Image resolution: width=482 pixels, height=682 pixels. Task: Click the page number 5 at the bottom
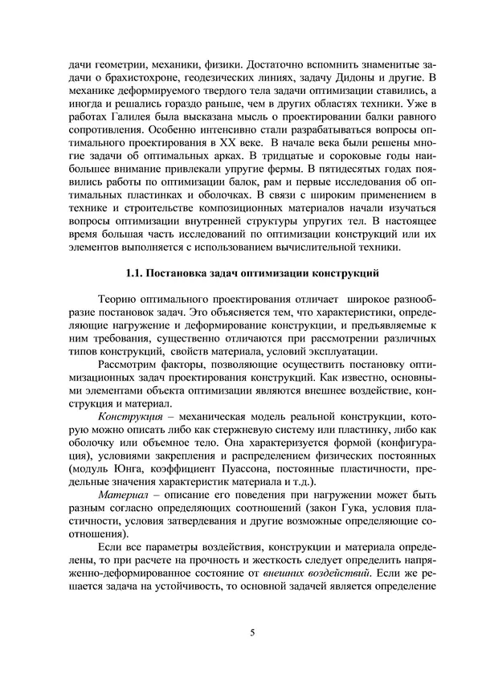pos(252,634)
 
